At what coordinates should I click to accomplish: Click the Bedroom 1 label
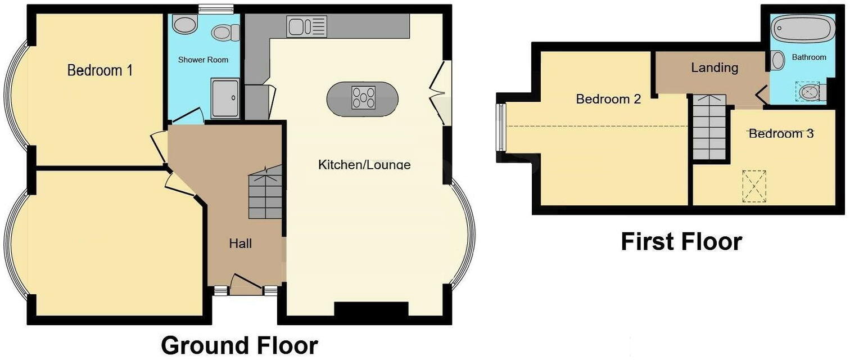point(100,70)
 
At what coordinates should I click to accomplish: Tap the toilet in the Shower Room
point(223,32)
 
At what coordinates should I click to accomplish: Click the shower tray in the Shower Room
point(226,98)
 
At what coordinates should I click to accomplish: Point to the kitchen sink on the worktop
point(306,26)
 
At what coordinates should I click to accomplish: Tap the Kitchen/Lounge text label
point(364,165)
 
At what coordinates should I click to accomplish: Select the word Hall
point(240,244)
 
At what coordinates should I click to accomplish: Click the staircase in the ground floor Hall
point(265,194)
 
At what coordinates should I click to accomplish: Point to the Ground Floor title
point(239,345)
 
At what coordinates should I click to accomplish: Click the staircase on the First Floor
point(709,128)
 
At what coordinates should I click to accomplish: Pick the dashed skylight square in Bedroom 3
point(754,186)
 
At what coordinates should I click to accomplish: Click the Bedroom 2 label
point(608,99)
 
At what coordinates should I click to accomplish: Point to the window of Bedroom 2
point(500,127)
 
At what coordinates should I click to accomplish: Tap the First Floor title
point(681,241)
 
